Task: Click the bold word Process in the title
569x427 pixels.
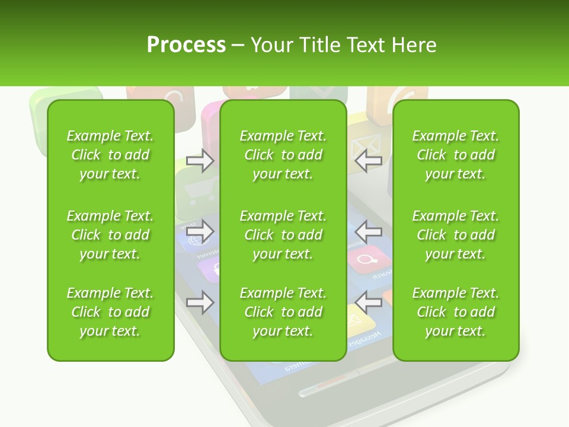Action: point(186,45)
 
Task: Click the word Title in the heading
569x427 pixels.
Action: point(318,45)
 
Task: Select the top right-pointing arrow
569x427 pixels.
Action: point(200,161)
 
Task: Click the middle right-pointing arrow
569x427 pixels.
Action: point(200,231)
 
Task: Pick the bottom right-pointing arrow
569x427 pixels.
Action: point(200,302)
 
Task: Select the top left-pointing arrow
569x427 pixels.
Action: point(368,161)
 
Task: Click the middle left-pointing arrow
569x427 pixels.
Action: point(368,231)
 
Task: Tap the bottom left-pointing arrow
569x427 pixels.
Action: point(368,302)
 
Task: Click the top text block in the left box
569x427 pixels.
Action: point(110,155)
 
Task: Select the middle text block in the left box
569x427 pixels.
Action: point(110,235)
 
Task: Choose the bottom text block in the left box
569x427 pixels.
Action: point(110,312)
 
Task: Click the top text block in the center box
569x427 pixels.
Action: point(283,155)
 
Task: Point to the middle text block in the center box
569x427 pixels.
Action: point(283,235)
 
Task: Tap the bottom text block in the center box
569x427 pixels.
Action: point(283,312)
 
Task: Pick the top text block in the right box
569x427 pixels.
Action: point(456,155)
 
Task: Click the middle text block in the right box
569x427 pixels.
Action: point(456,235)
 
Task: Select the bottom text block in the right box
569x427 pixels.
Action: point(456,312)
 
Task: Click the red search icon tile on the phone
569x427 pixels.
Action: point(368,259)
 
